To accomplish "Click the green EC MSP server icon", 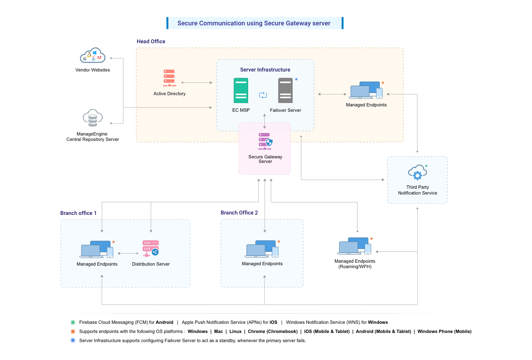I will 241,90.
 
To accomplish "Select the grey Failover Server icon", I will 286,90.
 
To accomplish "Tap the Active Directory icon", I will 169,78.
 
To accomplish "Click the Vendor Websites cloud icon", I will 93,55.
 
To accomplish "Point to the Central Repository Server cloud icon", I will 93,118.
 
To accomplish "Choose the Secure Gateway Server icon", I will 265,141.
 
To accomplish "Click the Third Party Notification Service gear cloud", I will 417,173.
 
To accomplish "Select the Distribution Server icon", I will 150,248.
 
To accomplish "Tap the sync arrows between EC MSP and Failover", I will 263,95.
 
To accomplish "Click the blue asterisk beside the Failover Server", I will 296,79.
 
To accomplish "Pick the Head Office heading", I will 151,42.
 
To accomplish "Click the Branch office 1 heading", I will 78,213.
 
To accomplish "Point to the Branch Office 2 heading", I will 239,213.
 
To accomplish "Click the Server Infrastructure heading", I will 265,70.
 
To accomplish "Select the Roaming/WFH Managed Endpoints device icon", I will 355,246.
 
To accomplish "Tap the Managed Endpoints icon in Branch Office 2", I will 262,249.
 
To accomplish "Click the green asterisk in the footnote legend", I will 73,323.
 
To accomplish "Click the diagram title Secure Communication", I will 254,23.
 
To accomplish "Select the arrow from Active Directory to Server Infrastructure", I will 197,83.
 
